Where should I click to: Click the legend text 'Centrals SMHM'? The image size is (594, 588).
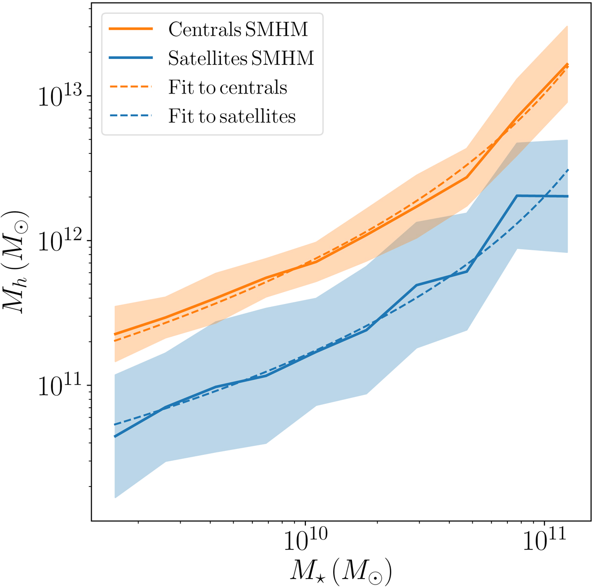click(x=238, y=29)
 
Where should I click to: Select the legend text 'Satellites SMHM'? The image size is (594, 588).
click(x=241, y=58)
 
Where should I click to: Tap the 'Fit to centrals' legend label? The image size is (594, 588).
click(x=228, y=88)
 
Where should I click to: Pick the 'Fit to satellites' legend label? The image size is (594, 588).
click(x=232, y=117)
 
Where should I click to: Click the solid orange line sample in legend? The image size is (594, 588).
click(x=131, y=29)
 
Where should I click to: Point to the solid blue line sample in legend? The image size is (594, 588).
click(x=131, y=58)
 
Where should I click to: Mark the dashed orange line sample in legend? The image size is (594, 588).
click(x=131, y=87)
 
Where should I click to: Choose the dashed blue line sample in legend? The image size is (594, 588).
click(x=131, y=116)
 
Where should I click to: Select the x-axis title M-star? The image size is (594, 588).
click(x=341, y=570)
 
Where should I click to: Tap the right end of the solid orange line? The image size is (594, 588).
click(x=567, y=64)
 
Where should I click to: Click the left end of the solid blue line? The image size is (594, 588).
click(x=115, y=437)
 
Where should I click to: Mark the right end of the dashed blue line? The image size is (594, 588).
click(x=568, y=170)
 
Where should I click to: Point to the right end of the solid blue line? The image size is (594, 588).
click(x=567, y=196)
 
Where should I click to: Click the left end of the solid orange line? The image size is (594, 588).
click(x=115, y=335)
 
